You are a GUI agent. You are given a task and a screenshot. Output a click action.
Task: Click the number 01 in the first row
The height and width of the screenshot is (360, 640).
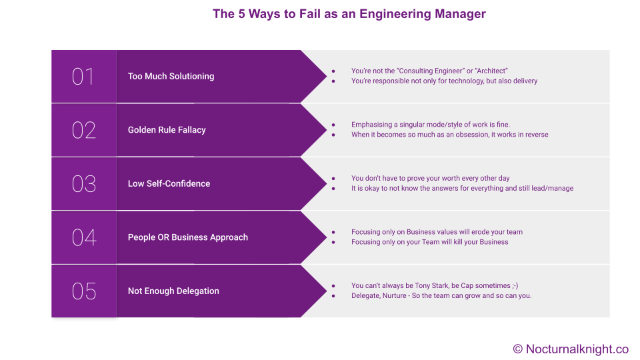pos(83,76)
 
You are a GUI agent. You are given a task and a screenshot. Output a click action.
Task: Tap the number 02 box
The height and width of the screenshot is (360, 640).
pos(84,130)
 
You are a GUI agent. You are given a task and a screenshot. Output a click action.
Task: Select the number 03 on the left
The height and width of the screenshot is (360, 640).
pos(84,184)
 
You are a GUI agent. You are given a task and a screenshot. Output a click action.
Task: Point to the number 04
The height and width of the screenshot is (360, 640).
pos(84,237)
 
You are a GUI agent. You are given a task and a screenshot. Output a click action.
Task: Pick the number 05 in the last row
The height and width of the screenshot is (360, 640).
pos(84,291)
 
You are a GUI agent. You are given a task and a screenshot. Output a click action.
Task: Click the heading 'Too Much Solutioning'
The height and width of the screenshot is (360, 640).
pos(171,76)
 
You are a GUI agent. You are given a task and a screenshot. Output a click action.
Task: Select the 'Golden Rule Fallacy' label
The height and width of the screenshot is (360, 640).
pos(167,130)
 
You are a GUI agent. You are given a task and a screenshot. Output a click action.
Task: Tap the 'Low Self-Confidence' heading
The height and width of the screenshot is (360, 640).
pos(169,184)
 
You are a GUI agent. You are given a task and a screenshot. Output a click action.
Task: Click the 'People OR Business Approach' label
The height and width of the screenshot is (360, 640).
pos(188,237)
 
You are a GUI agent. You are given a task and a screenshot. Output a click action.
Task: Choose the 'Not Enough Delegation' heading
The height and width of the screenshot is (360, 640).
pos(173,291)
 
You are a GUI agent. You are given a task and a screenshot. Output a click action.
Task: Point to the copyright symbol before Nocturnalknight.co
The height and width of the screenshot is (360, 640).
pos(518,349)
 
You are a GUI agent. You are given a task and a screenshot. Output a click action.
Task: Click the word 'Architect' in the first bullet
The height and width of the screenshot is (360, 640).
pos(491,71)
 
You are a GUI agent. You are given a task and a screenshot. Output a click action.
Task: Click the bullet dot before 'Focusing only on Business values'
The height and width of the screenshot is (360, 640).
pos(333,232)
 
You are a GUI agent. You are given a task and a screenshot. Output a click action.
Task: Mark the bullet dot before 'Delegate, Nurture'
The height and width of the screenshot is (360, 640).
pos(333,296)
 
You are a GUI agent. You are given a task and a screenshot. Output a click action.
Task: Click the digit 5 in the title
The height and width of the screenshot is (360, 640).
pos(241,14)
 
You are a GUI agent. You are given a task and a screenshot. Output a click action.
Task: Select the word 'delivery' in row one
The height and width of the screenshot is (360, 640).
pos(525,81)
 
